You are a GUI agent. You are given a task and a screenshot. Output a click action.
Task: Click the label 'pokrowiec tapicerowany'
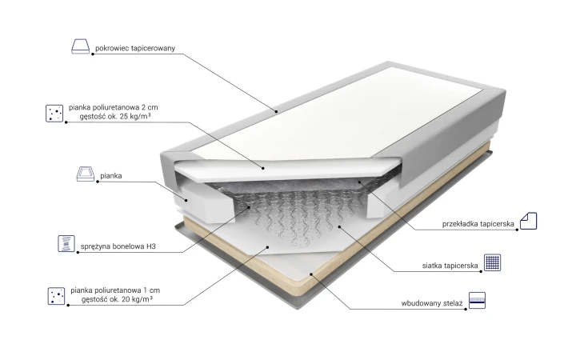pos(135,48)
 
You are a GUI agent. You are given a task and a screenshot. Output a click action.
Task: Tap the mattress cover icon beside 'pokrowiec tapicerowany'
pos(81,46)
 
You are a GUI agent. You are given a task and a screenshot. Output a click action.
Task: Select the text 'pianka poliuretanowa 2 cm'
pos(113,107)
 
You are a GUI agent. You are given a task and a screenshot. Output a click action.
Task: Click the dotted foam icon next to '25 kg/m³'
pos(54,113)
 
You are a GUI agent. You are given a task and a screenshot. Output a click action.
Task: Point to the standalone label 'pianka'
pos(111,175)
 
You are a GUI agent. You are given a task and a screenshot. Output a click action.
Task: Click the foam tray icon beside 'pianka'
pos(86,174)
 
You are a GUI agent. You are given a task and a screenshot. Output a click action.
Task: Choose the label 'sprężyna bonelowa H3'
pos(118,246)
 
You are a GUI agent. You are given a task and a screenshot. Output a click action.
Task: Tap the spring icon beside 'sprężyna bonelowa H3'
pos(66,243)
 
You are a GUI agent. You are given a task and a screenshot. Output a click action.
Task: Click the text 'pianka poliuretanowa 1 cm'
pos(115,290)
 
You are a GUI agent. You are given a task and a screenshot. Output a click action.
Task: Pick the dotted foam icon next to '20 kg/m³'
pos(56,296)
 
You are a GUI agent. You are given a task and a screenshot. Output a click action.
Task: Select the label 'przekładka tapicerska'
pos(478,224)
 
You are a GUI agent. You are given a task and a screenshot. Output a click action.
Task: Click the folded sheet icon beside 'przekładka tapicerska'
pos(528,221)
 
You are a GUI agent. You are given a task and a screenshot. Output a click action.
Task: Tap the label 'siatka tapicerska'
pos(450,266)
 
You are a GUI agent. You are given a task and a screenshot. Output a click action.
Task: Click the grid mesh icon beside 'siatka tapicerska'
pos(492,262)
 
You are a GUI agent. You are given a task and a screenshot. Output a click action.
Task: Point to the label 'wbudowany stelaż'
pos(432,303)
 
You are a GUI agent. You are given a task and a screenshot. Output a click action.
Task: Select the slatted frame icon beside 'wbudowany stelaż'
pos(477,301)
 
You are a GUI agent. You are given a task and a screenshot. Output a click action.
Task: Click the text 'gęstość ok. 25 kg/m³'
pos(115,117)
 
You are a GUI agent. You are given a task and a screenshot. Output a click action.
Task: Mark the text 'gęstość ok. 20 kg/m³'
pos(117,299)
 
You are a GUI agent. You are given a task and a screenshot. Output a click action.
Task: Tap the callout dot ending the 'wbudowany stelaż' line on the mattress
pos(311,274)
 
